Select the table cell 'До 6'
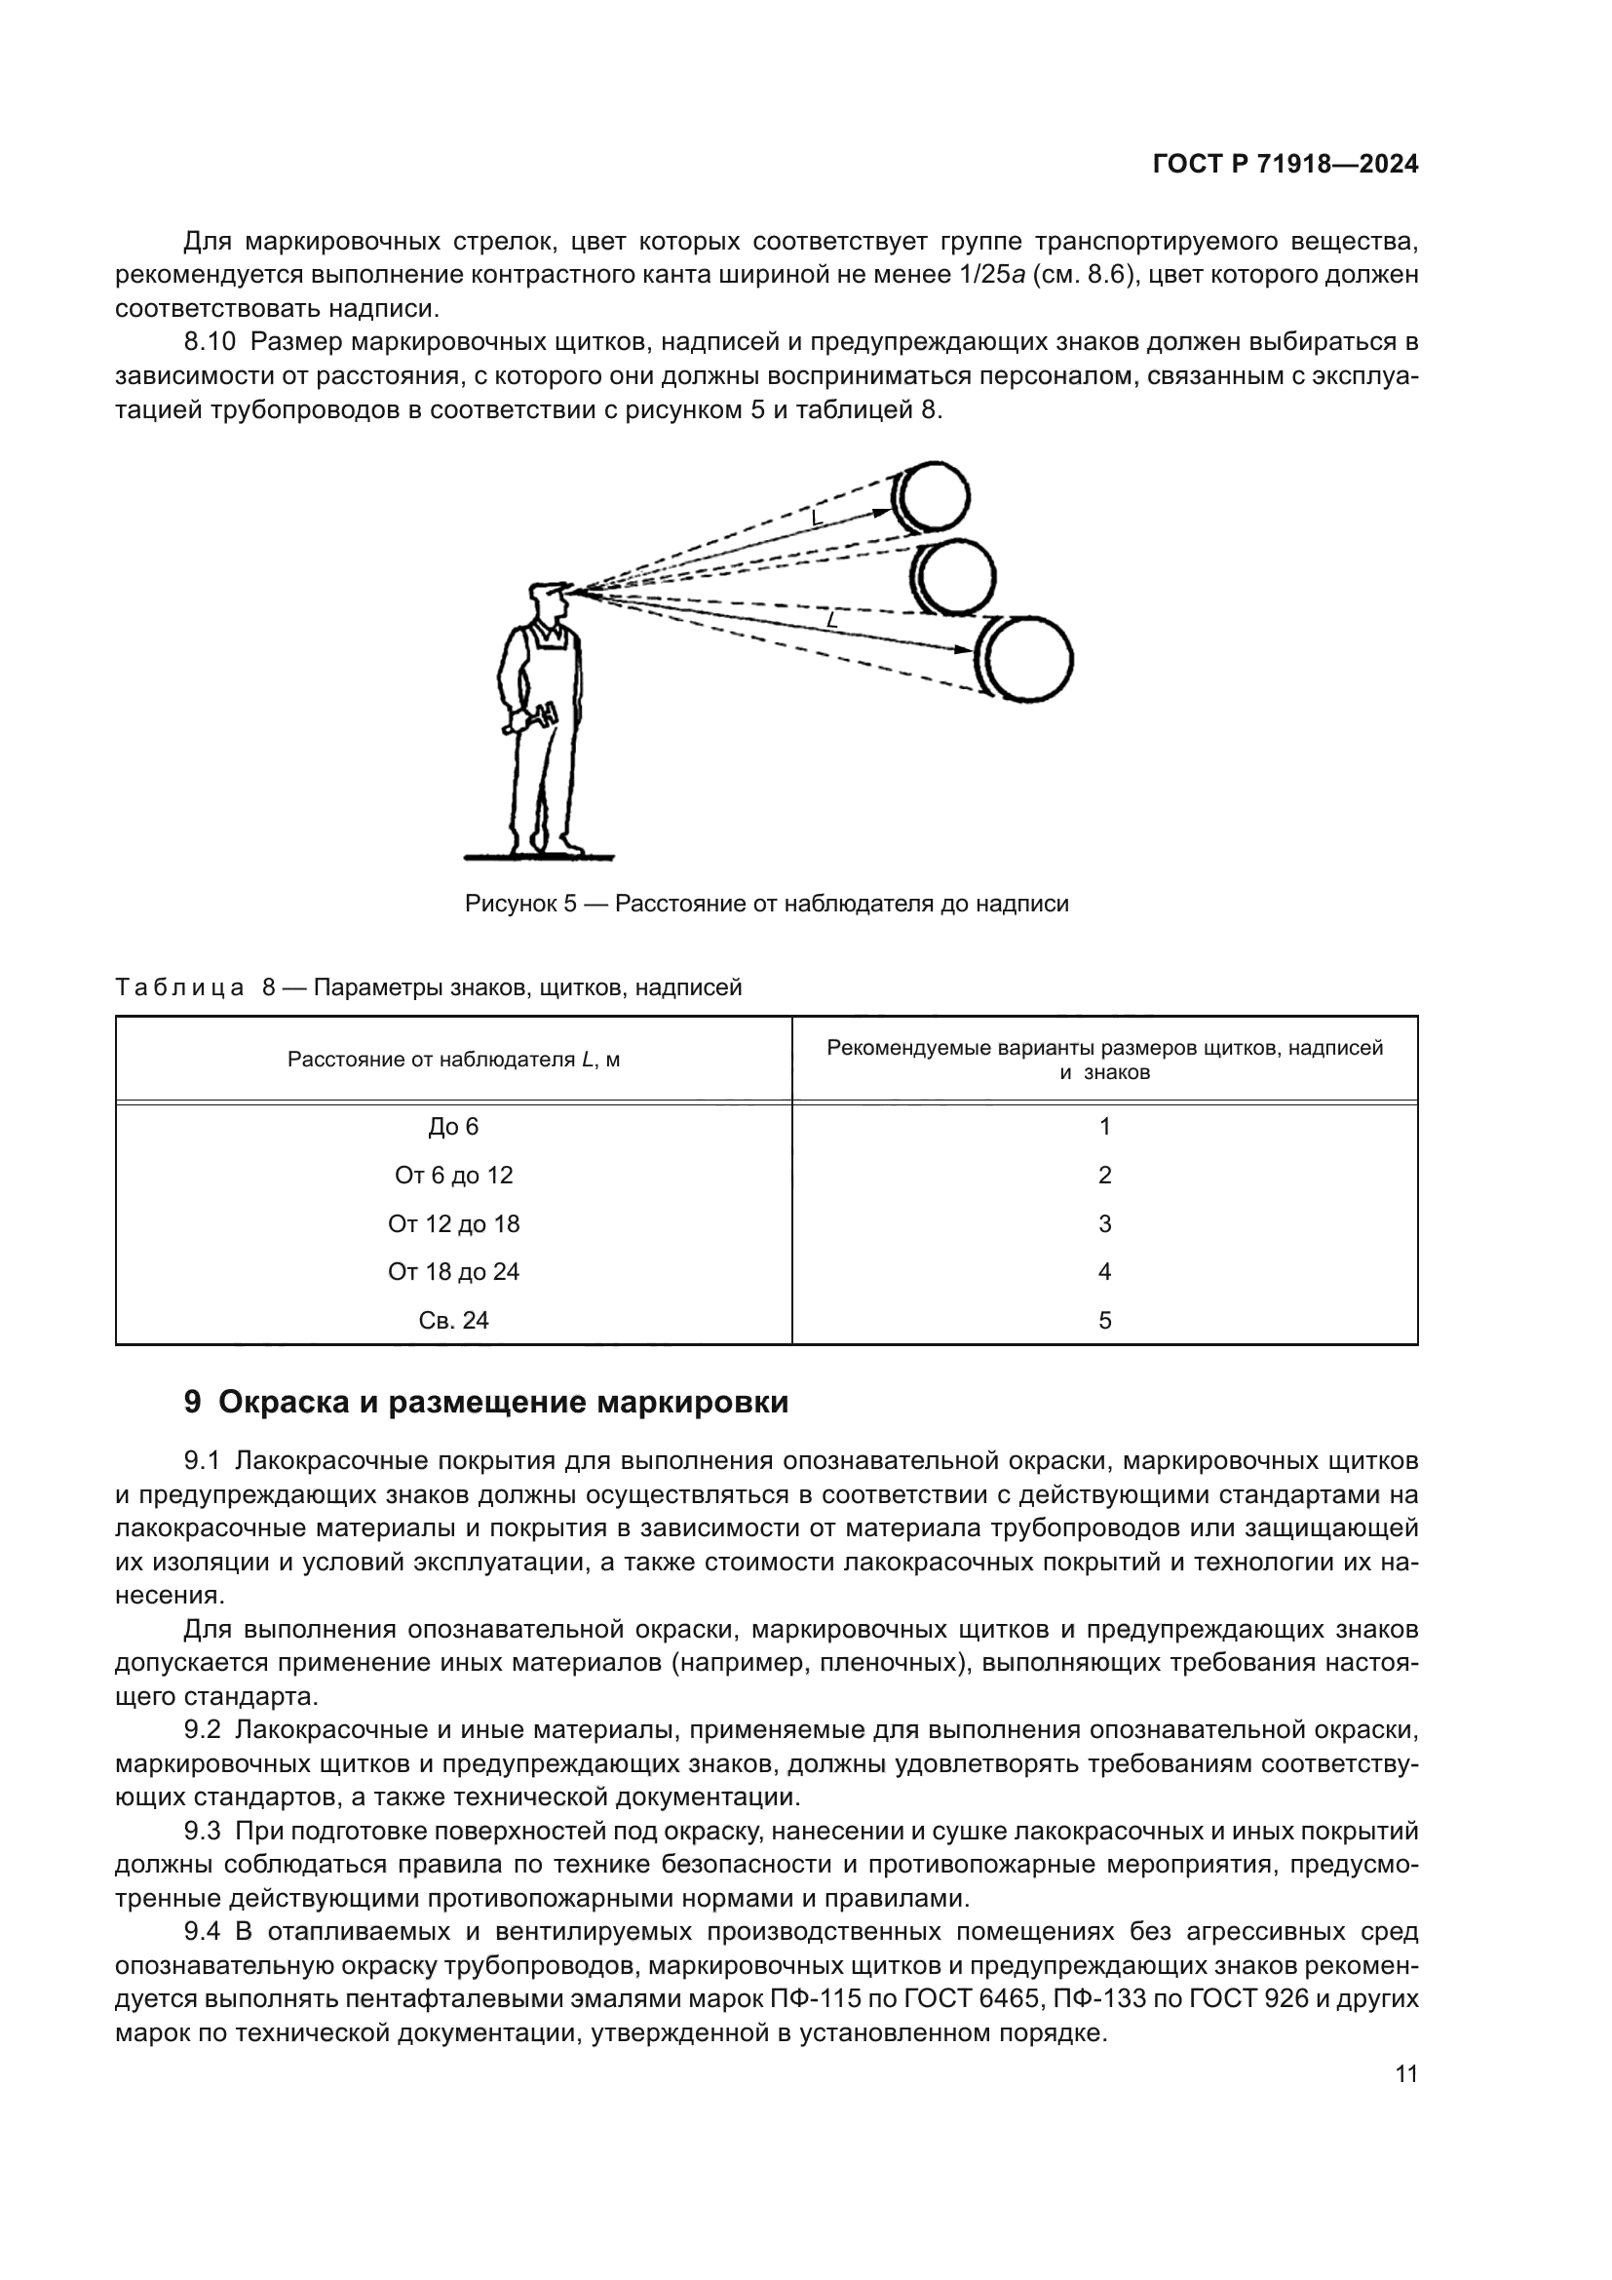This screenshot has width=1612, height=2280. (453, 1127)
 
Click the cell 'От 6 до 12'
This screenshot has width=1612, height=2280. (453, 1176)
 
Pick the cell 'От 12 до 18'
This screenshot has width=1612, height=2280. (453, 1224)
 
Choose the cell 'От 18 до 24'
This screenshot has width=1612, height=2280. (453, 1272)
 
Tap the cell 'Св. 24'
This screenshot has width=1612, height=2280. (453, 1321)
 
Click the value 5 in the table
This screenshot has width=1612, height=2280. (1104, 1321)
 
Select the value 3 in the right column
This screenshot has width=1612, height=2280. (1104, 1224)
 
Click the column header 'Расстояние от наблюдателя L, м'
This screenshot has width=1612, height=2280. (453, 1060)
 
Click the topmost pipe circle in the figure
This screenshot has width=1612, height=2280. (934, 496)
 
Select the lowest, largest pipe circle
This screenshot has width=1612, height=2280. (1027, 659)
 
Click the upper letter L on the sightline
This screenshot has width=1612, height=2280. (816, 518)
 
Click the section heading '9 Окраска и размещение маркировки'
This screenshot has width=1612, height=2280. (486, 1402)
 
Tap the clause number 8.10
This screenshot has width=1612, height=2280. (210, 342)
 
